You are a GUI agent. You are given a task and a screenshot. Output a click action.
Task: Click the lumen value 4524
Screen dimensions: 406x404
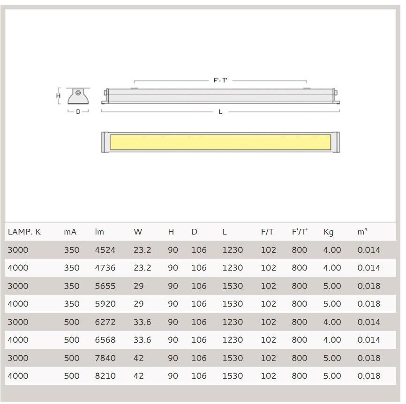coord(105,250)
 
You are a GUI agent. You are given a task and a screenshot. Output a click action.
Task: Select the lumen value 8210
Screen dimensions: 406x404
coord(105,376)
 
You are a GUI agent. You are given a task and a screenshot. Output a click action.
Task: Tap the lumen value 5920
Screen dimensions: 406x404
coord(105,304)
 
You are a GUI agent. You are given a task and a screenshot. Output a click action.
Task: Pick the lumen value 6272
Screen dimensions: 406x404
coord(105,322)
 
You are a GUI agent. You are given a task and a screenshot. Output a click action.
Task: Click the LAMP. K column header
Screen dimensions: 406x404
coord(24,232)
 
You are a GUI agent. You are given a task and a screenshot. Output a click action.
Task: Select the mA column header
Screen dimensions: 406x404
coord(70,232)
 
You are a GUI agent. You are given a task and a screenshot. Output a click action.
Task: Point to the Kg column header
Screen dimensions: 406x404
coord(328,232)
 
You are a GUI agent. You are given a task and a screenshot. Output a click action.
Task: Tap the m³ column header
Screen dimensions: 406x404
coord(362,232)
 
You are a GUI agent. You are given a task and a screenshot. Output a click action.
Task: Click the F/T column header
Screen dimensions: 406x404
coord(267,232)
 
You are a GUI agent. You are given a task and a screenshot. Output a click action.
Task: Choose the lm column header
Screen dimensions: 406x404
coord(99,232)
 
